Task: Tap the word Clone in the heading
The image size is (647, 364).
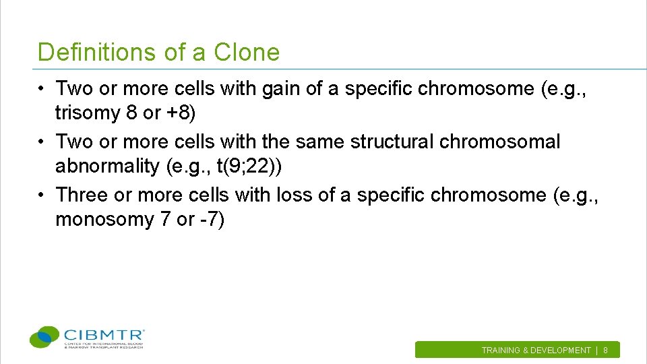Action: click(x=247, y=52)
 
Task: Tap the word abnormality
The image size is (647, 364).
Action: click(x=108, y=166)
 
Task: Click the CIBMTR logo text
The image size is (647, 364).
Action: click(x=104, y=334)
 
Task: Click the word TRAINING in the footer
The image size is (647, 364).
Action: click(x=501, y=351)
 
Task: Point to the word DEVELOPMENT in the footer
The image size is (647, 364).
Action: click(x=561, y=351)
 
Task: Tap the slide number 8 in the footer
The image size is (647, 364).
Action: click(x=605, y=351)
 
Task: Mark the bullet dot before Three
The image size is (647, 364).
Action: click(x=42, y=195)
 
